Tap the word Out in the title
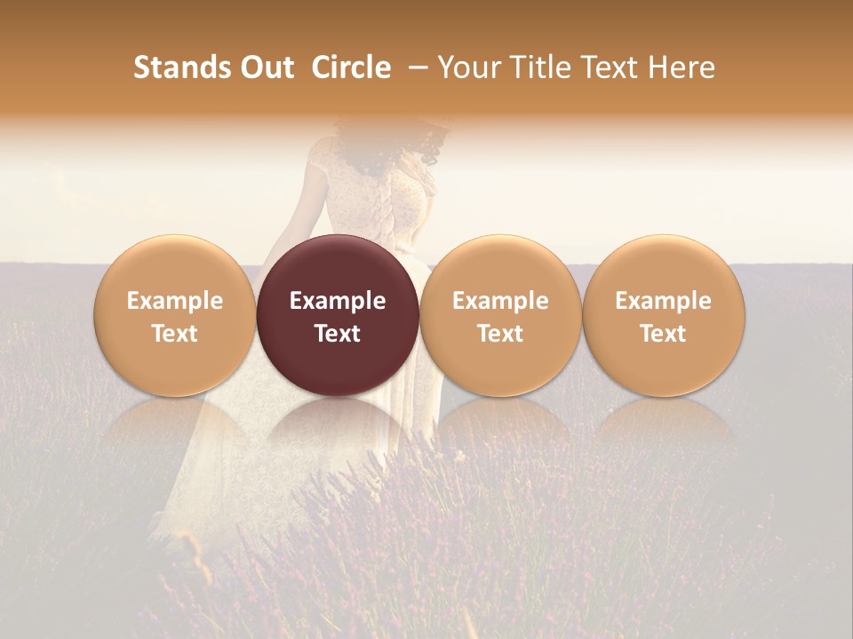265,67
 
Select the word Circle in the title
351,67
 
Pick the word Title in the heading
541,67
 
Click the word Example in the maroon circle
338,301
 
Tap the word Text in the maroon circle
338,334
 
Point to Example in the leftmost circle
175,301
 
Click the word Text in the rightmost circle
664,334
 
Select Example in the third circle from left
500,301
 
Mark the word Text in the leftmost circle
175,334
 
